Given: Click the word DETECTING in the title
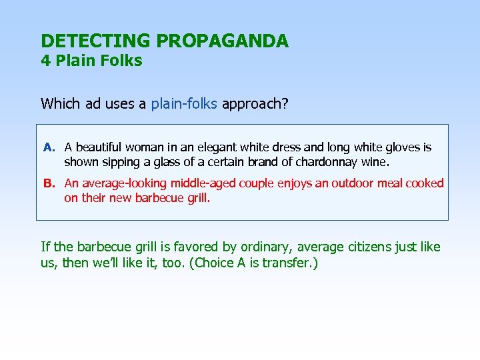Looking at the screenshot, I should [x=96, y=41].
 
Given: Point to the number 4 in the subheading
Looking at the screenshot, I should [x=45, y=61].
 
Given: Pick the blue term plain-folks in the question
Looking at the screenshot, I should [x=184, y=103].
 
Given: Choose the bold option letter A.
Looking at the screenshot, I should [x=48, y=147].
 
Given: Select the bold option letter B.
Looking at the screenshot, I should [x=48, y=183].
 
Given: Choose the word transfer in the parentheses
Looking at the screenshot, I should [x=285, y=263].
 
